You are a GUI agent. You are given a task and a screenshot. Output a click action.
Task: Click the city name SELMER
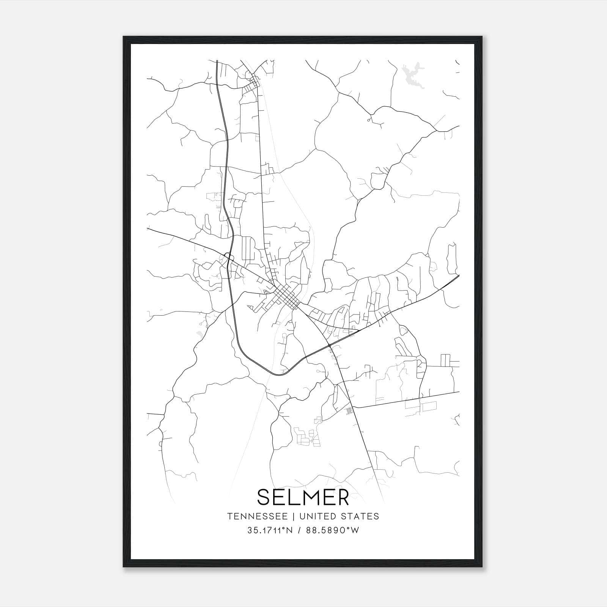303,497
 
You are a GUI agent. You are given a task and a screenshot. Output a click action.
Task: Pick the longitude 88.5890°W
335,530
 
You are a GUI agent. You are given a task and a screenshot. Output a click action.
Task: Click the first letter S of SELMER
264,497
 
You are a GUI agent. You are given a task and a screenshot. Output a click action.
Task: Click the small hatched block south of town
349,410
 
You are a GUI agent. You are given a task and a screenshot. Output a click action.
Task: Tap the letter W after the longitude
354,530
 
